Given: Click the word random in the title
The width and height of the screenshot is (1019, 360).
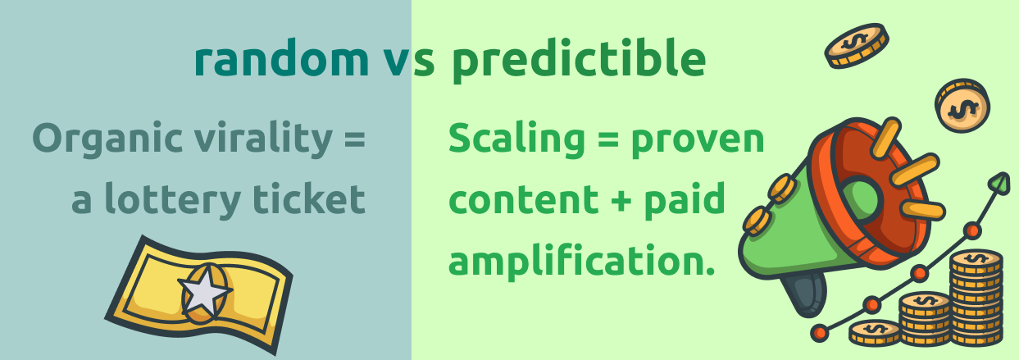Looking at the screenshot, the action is pos(281,59).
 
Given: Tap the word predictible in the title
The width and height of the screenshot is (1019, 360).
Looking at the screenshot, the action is pos(579,60).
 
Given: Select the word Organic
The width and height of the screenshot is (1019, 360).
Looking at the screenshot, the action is pos(108,139).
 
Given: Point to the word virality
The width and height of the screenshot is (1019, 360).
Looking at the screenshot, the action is pos(264,138).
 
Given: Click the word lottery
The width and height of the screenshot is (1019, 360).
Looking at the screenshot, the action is pos(173,199).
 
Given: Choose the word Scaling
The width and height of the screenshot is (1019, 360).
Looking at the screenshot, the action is pos(516,139).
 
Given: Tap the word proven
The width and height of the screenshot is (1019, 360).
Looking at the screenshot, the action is pos(698,141).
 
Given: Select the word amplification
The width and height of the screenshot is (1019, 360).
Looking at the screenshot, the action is pos(582,261).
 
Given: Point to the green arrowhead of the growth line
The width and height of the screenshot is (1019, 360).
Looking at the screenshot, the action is pos(1000,183).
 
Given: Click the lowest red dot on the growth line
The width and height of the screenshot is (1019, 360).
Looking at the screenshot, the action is pos(821,333).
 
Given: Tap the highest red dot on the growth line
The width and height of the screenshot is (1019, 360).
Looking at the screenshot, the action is pos(972,230).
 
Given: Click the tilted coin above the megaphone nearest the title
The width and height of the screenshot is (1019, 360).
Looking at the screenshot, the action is pos(857,45).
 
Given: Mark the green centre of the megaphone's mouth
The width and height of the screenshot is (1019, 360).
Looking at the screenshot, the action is pos(859,200).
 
